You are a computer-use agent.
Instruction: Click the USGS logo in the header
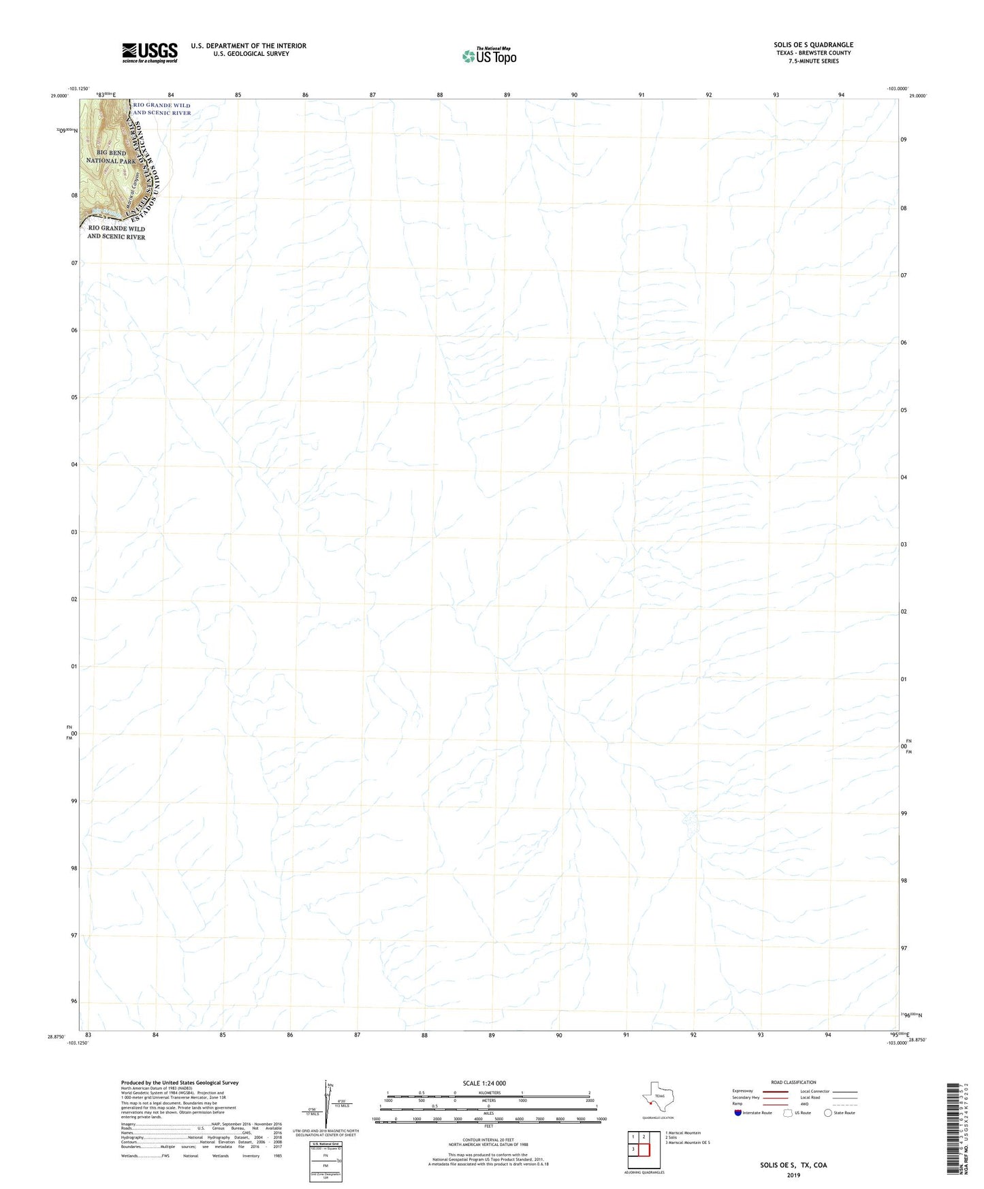click(150, 52)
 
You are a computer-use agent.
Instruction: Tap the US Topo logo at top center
click(489, 56)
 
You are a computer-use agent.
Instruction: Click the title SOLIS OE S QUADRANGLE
click(813, 45)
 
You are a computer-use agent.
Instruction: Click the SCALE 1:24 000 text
click(484, 1083)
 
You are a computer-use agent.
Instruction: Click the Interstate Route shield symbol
click(739, 1113)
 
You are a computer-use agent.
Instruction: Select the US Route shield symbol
click(789, 1113)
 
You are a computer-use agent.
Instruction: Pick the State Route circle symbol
click(828, 1113)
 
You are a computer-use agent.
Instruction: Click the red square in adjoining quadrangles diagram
click(644, 1150)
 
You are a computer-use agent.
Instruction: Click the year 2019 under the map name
click(793, 1175)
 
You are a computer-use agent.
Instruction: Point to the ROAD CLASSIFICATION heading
click(793, 1082)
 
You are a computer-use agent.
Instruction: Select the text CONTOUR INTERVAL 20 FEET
click(488, 1140)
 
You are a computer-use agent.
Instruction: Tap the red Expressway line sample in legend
click(775, 1091)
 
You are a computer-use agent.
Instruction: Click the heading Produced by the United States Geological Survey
click(180, 1083)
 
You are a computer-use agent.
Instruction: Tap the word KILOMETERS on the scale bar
click(489, 1093)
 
